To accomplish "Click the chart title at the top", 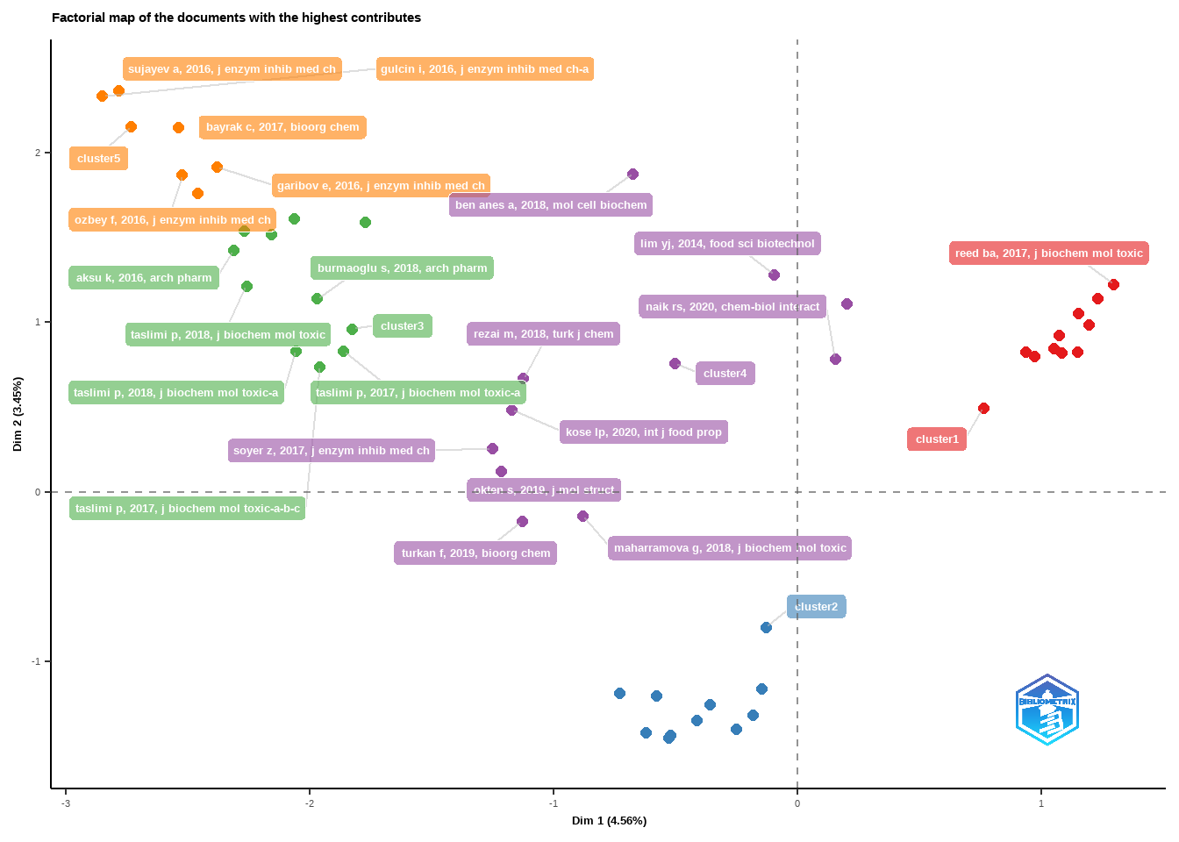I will point(236,18).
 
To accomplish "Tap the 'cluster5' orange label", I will point(98,159).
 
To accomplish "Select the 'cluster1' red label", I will point(937,439).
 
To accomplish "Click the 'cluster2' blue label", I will point(816,607).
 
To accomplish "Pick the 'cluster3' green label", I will point(402,326).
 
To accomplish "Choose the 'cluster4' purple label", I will point(725,374).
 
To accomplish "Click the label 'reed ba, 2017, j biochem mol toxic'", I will point(1048,253).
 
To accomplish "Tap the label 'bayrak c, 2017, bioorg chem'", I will point(282,127).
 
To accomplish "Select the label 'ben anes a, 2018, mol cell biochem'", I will point(551,205).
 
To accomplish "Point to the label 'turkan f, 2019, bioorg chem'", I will point(475,553).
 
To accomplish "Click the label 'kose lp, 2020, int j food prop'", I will point(644,432).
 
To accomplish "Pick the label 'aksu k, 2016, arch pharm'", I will point(144,278).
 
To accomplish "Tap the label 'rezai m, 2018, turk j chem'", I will point(543,334).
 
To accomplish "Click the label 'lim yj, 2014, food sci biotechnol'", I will point(727,244).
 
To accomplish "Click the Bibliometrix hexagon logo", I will point(1047,710).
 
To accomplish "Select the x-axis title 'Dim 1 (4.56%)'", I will point(609,821).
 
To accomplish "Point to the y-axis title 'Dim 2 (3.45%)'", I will point(18,414).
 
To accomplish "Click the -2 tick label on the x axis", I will point(310,803).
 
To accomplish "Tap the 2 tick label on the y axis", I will point(38,153).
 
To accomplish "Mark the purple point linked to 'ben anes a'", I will point(632,175).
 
